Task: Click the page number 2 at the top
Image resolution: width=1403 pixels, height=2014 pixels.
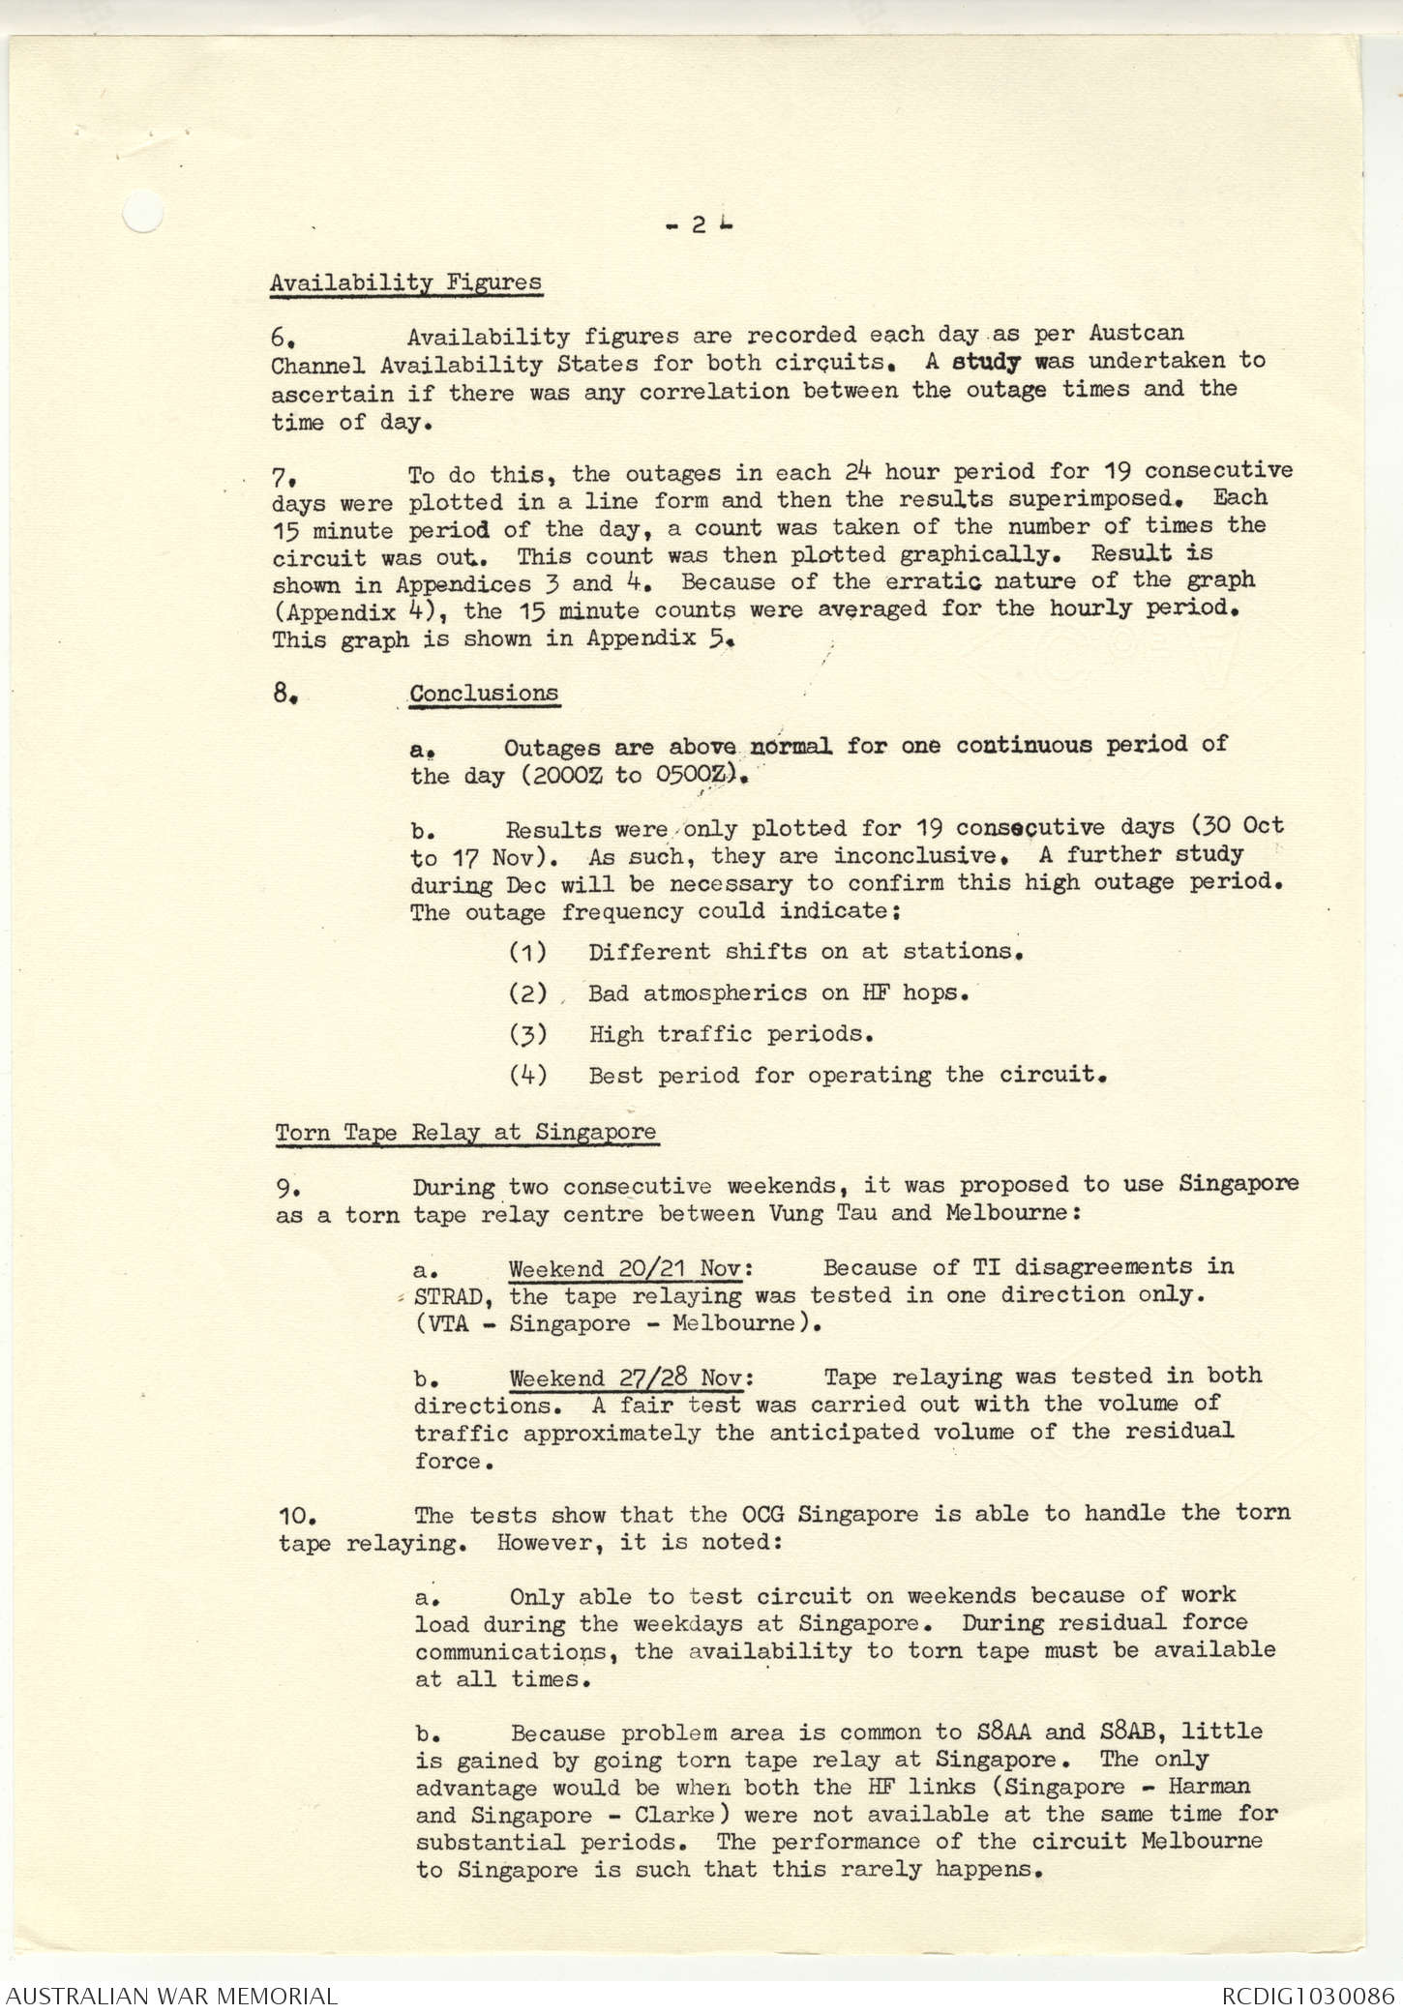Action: (x=698, y=225)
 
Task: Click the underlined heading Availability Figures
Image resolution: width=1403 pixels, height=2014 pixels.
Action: (x=405, y=282)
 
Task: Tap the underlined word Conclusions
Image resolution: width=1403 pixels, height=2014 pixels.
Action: (x=484, y=694)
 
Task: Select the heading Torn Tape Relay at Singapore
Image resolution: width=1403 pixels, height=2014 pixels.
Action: (x=465, y=1132)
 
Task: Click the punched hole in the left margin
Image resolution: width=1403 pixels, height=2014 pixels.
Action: (x=142, y=212)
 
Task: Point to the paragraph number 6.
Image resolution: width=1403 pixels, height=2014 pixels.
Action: (x=282, y=338)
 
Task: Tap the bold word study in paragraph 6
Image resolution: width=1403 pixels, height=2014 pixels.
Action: (x=986, y=363)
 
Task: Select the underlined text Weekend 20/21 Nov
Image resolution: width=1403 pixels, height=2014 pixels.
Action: (x=630, y=1268)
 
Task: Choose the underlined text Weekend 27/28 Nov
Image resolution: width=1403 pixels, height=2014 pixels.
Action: (x=631, y=1377)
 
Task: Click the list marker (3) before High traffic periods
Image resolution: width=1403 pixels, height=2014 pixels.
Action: (x=527, y=1034)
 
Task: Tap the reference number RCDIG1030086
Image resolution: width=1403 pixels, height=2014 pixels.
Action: (x=1307, y=1995)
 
